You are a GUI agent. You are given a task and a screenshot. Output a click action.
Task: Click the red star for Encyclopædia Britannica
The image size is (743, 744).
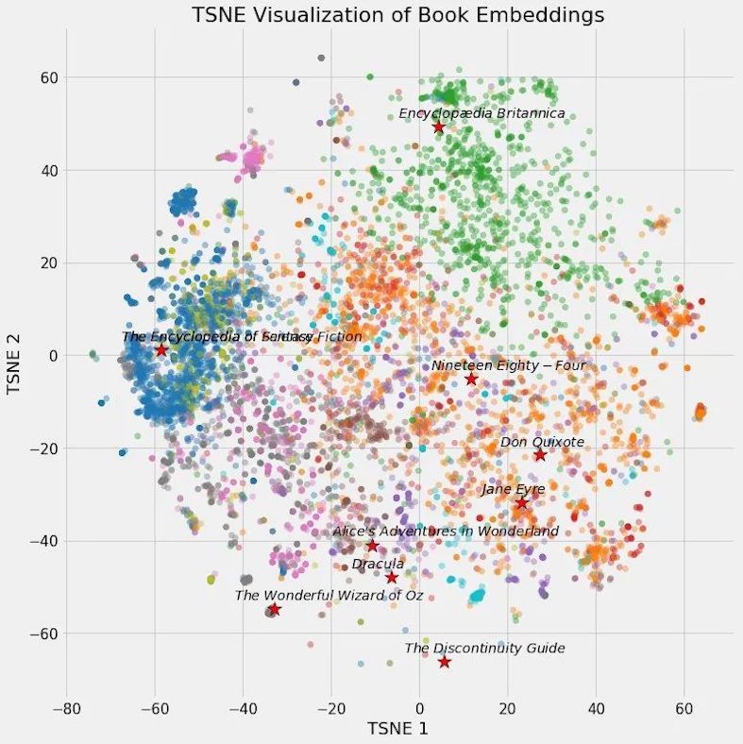[438, 127]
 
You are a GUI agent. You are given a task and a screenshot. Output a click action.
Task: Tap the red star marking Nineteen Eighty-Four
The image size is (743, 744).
[471, 379]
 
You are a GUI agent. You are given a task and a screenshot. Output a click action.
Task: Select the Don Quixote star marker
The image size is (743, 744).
[540, 455]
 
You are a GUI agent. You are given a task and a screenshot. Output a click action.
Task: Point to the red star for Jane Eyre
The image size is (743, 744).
[521, 503]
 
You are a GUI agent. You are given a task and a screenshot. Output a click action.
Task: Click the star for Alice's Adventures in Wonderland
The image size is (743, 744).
[372, 546]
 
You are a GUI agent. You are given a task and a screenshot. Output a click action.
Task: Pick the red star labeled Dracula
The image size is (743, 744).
[392, 577]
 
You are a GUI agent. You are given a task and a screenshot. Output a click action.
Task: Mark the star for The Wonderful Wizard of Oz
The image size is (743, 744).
[274, 609]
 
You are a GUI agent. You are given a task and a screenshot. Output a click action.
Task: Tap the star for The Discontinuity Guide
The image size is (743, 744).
[445, 662]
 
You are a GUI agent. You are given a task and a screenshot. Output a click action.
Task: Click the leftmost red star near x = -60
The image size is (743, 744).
[161, 350]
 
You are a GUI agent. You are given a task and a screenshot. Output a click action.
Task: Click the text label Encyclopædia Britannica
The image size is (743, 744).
[481, 113]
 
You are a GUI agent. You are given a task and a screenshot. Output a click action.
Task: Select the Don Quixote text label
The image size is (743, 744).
[542, 442]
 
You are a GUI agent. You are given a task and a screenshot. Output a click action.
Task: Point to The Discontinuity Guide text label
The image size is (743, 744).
[484, 649]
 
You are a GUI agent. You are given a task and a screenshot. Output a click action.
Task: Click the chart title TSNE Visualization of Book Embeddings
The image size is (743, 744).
[397, 16]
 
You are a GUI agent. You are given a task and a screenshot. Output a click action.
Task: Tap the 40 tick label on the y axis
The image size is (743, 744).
[47, 171]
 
